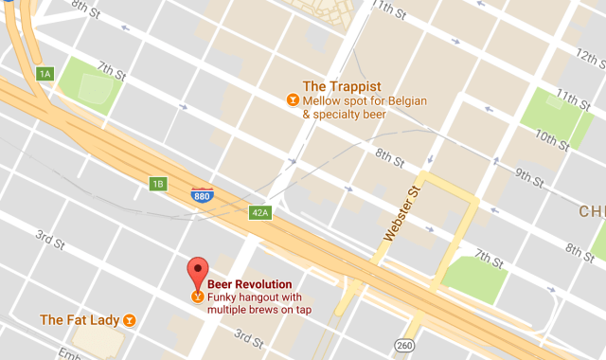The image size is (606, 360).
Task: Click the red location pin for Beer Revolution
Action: pos(198,272)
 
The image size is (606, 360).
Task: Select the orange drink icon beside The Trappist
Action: pos(293,99)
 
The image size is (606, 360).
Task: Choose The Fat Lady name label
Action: pos(80,320)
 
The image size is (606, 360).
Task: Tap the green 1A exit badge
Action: pos(44,73)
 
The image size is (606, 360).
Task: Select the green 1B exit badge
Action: pos(157,183)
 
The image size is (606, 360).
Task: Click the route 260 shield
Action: pos(405,345)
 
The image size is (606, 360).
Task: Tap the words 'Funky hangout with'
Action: pos(249,297)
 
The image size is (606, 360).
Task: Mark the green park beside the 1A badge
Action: pos(94,87)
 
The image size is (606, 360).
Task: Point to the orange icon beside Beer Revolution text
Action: pos(197,297)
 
